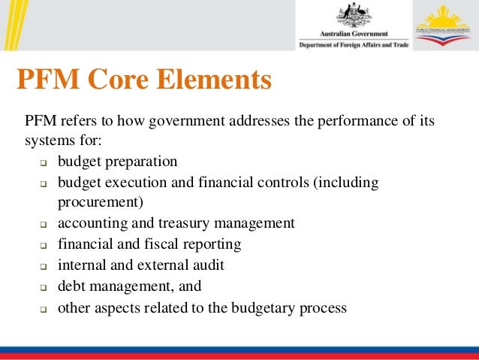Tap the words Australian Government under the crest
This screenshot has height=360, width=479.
[x=354, y=34]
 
